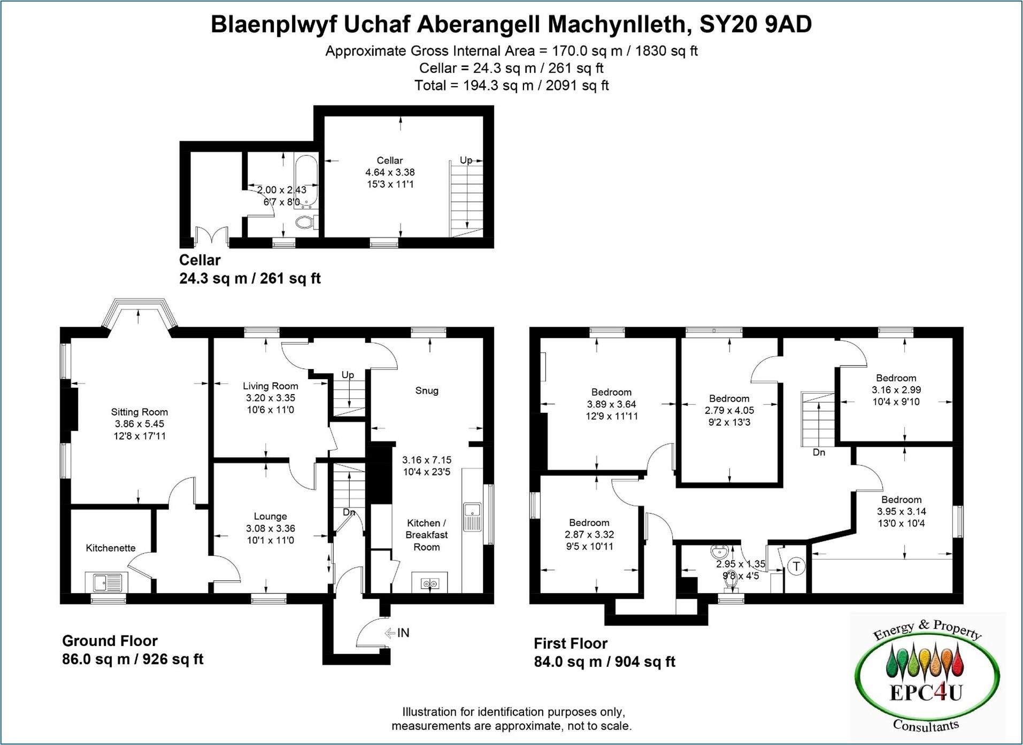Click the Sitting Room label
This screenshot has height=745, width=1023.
[139, 412]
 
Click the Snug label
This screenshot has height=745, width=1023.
[427, 390]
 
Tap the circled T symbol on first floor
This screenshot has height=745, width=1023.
[797, 566]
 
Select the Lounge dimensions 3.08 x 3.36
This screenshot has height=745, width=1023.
[270, 528]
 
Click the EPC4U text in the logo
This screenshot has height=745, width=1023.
[926, 693]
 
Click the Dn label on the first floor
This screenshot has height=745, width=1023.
[819, 452]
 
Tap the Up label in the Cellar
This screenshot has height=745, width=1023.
[466, 160]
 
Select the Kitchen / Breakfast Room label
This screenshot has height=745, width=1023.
[426, 535]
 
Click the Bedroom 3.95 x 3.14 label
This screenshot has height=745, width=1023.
[901, 500]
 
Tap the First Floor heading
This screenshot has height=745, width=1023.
[571, 643]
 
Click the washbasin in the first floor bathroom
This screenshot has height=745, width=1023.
[719, 551]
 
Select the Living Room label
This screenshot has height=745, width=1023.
[270, 386]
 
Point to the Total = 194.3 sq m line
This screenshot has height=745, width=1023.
[511, 86]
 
